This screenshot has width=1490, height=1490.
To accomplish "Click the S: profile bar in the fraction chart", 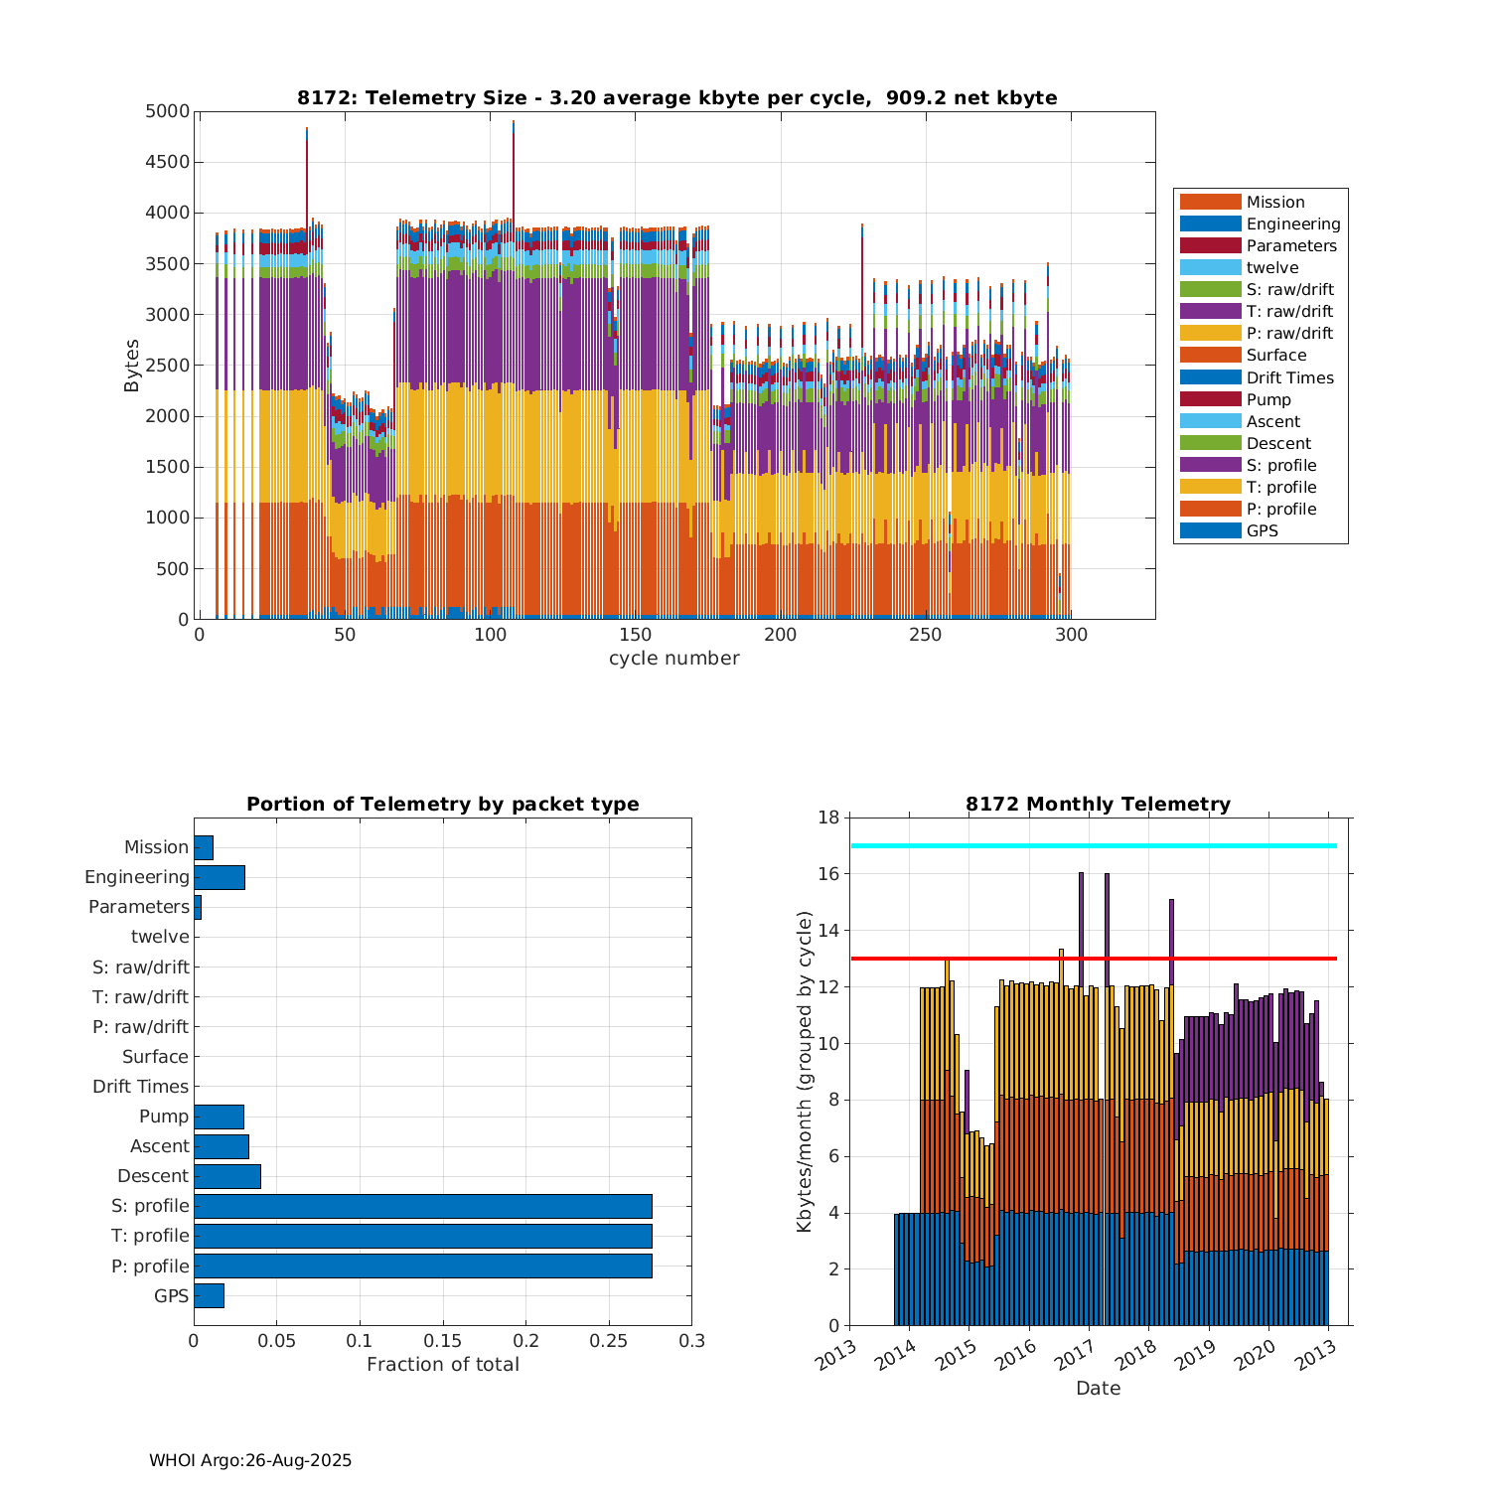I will point(422,1206).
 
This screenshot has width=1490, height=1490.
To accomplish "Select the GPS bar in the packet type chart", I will point(209,1295).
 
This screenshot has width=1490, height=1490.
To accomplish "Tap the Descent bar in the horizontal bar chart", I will point(226,1176).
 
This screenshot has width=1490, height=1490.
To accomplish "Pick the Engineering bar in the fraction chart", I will point(219,877).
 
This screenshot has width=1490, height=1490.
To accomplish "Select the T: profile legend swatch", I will point(1210,487).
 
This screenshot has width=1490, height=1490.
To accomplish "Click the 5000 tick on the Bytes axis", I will point(167,111).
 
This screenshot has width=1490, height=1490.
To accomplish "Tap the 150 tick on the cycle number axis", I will point(636,636).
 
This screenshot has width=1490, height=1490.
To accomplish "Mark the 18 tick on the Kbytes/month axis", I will point(828,818).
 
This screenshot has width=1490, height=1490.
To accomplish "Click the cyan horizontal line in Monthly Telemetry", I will point(1093,845).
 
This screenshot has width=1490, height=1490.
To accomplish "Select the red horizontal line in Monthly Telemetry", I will point(1093,959).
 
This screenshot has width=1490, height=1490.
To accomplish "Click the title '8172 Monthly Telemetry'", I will point(1098,805).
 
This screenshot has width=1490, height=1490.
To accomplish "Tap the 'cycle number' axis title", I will point(673,659).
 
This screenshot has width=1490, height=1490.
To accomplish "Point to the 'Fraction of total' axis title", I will point(442,1365).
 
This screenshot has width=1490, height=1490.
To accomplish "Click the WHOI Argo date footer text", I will point(250,1460).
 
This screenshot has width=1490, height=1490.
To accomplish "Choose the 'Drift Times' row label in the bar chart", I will point(140,1087).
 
